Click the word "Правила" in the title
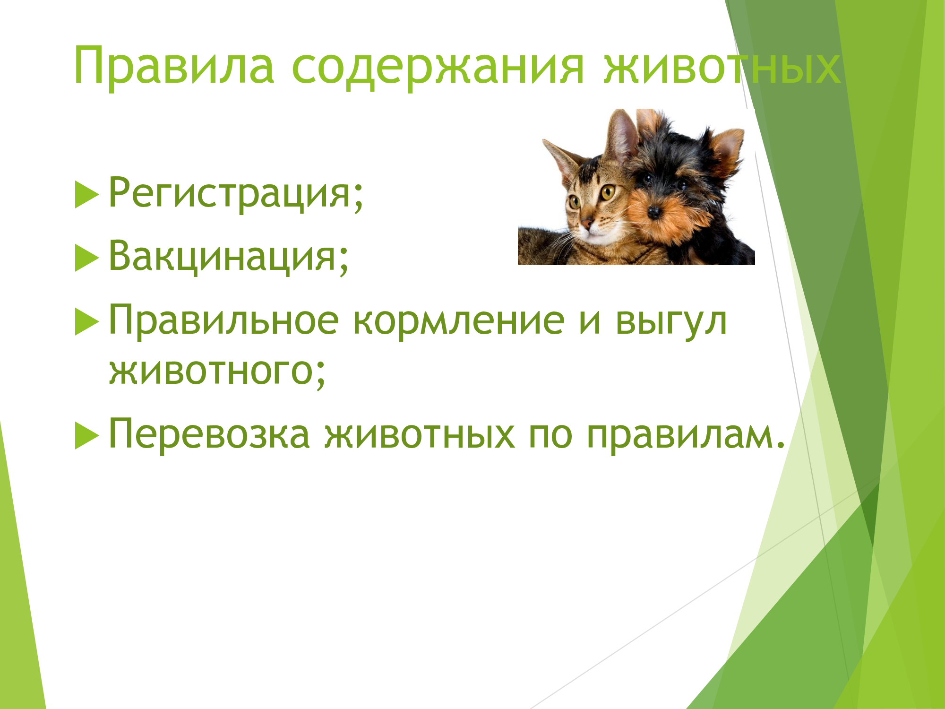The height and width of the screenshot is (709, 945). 174,66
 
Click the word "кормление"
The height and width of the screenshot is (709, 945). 459,322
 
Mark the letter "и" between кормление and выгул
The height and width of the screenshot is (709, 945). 590,322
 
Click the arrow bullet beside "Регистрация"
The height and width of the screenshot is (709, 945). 87,195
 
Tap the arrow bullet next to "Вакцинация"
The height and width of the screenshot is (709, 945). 87,259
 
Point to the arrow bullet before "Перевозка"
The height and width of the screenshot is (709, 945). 87,435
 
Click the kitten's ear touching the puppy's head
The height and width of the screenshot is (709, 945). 620,135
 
